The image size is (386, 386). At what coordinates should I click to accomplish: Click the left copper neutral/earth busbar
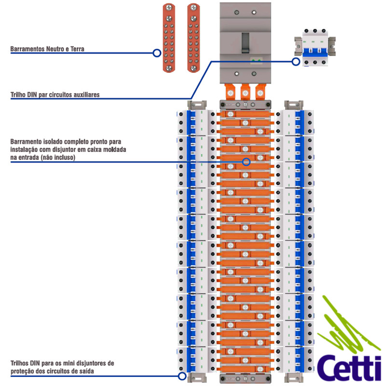pyautogui.click(x=168, y=38)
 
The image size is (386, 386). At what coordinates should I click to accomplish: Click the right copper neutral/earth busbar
pyautogui.click(x=193, y=38)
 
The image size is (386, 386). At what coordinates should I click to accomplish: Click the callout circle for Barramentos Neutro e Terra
pyautogui.click(x=157, y=53)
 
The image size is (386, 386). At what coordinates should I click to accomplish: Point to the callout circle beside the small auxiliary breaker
pyautogui.click(x=296, y=61)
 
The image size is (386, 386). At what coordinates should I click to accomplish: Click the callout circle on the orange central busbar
pyautogui.click(x=246, y=162)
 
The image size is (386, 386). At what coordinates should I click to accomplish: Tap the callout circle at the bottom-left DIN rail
pyautogui.click(x=182, y=376)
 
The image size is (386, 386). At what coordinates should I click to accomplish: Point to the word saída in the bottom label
pyautogui.click(x=86, y=371)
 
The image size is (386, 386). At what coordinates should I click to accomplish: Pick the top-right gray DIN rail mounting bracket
pyautogui.click(x=293, y=105)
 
